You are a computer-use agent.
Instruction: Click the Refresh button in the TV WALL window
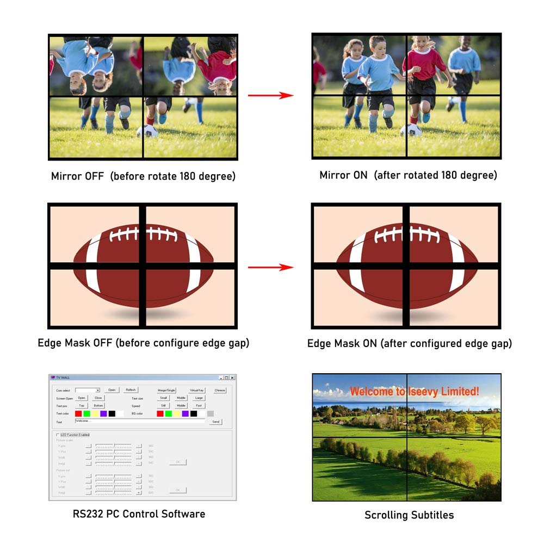pos(131,390)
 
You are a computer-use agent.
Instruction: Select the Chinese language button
pos(220,390)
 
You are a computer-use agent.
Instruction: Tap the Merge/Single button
pos(166,390)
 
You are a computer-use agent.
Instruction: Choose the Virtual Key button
pos(197,390)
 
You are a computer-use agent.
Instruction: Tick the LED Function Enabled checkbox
pos(58,435)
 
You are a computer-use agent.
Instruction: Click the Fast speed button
pos(199,406)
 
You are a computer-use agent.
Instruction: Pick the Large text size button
pos(199,398)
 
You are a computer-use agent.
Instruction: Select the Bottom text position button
pos(98,406)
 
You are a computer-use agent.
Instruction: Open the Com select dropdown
pos(97,390)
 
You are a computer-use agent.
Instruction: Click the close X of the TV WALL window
pos(232,378)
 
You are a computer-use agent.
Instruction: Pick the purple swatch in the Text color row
pos(103,414)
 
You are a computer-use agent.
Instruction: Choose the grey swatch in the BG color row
pos(211,414)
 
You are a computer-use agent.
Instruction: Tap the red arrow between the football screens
pos(270,267)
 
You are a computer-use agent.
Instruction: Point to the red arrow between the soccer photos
pos(270,96)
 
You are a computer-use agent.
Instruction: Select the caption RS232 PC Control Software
pos(139,514)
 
